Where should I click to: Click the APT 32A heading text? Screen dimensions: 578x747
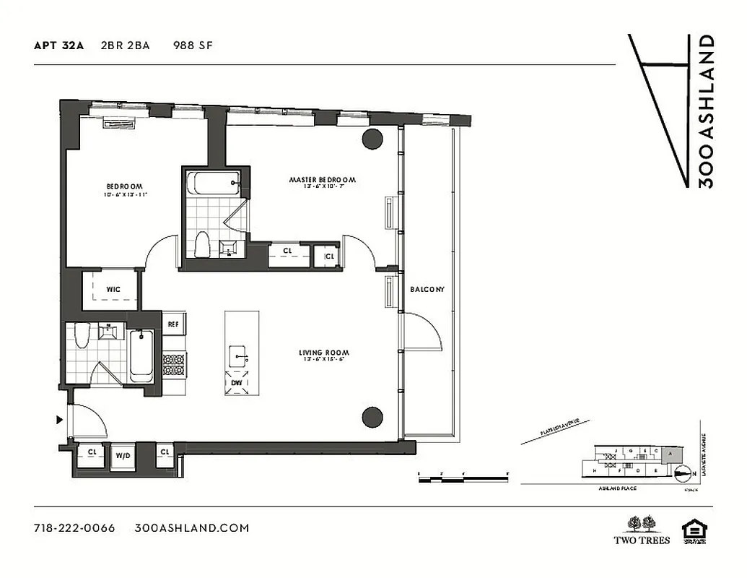point(58,46)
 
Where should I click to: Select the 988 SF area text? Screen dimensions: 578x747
point(193,46)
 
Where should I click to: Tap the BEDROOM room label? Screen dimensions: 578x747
point(125,186)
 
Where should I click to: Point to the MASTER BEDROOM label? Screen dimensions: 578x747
point(323,180)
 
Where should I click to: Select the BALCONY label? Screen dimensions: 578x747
point(427,290)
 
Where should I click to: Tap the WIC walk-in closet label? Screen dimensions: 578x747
point(113,290)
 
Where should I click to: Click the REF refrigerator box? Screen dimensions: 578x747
point(172,325)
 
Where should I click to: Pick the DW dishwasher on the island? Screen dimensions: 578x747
point(237,383)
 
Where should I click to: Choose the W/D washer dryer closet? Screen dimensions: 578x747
point(123,457)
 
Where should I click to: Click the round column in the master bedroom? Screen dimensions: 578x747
point(372,139)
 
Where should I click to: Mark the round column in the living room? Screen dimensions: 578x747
point(372,416)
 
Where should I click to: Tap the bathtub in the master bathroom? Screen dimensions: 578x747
point(214,181)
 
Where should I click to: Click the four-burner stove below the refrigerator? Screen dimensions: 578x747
point(174,363)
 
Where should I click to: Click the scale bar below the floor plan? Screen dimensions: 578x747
point(465,476)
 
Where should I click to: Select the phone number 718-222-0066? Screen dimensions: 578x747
point(74,528)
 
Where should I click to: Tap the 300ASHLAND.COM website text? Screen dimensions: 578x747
point(192,528)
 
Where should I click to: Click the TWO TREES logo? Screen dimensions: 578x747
point(642,530)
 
